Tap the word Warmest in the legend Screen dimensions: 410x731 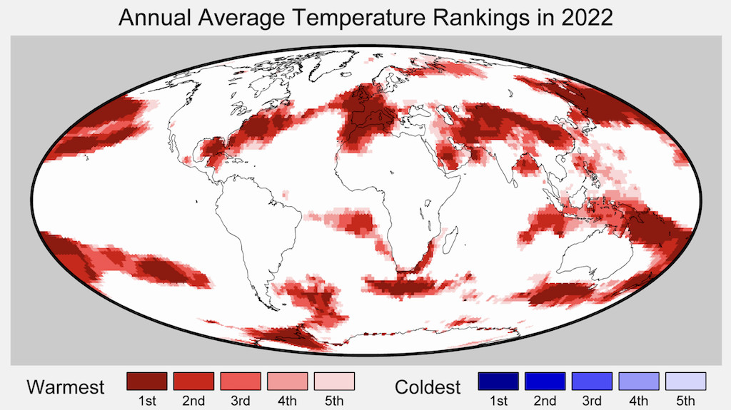tap(66, 387)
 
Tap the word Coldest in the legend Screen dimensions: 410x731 tap(428, 387)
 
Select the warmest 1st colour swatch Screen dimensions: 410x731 tap(146, 381)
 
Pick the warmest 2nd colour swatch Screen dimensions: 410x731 tap(193, 381)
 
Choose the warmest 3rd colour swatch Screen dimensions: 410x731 tap(241, 381)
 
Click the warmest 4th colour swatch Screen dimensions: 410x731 tap(288, 381)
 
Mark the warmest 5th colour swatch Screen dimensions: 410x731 tap(335, 381)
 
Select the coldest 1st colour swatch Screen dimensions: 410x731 tap(498, 381)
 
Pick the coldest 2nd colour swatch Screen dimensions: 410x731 tap(545, 381)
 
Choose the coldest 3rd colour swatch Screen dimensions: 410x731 tap(593, 381)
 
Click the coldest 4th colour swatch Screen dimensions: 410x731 tap(639, 381)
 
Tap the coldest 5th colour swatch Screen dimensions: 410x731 tap(685, 381)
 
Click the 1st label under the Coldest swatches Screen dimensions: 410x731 tap(498, 401)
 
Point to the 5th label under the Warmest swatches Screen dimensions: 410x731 tap(335, 401)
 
